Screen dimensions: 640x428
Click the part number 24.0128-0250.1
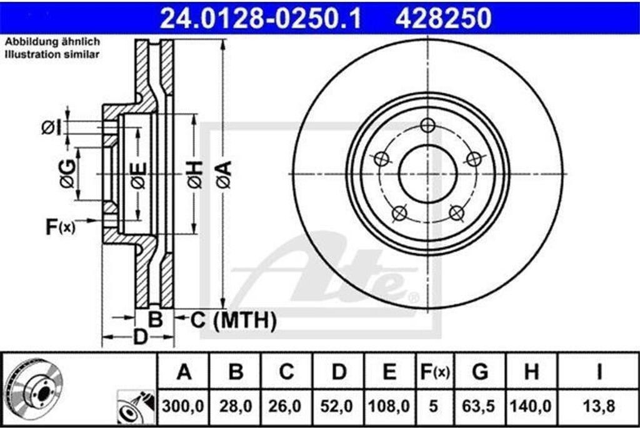point(261,18)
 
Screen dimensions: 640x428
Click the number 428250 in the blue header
point(443,18)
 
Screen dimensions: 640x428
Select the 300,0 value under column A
point(183,406)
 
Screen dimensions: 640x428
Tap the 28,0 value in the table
point(236,406)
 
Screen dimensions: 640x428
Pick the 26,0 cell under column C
point(285,406)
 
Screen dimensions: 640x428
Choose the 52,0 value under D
point(337,406)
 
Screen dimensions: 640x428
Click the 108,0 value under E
point(389,406)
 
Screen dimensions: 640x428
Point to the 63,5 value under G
point(478,406)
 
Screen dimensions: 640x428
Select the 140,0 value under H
point(531,406)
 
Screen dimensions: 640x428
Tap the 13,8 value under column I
point(599,406)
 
